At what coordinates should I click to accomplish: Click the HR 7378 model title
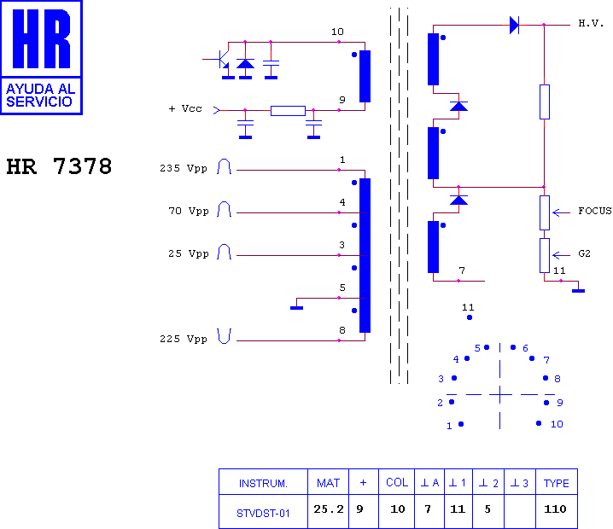coord(59,166)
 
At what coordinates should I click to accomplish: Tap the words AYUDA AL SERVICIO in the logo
coord(41,95)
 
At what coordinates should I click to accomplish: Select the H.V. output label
coord(591,23)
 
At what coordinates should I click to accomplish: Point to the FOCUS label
coord(594,211)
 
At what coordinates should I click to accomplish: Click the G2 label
coord(584,253)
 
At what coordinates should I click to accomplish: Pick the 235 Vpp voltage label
coord(184,168)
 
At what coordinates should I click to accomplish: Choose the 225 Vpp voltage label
coord(184,339)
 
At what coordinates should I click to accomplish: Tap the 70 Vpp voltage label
coord(189,211)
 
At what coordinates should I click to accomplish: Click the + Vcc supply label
coord(185,108)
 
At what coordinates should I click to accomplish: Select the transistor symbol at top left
coord(222,60)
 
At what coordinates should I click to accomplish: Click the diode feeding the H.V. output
coord(515,25)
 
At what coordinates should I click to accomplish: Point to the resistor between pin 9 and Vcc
coord(288,111)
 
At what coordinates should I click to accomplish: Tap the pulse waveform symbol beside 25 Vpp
coord(224,252)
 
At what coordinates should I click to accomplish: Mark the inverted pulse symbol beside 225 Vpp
coord(224,336)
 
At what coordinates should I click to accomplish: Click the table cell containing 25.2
coord(329,509)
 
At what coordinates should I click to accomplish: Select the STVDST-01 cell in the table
coord(263,513)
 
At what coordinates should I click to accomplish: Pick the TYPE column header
coord(557,483)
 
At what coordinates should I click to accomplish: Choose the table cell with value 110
coord(555,509)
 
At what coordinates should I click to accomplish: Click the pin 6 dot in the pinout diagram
coord(513,347)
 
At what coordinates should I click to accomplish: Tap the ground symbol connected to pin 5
coord(297,308)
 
